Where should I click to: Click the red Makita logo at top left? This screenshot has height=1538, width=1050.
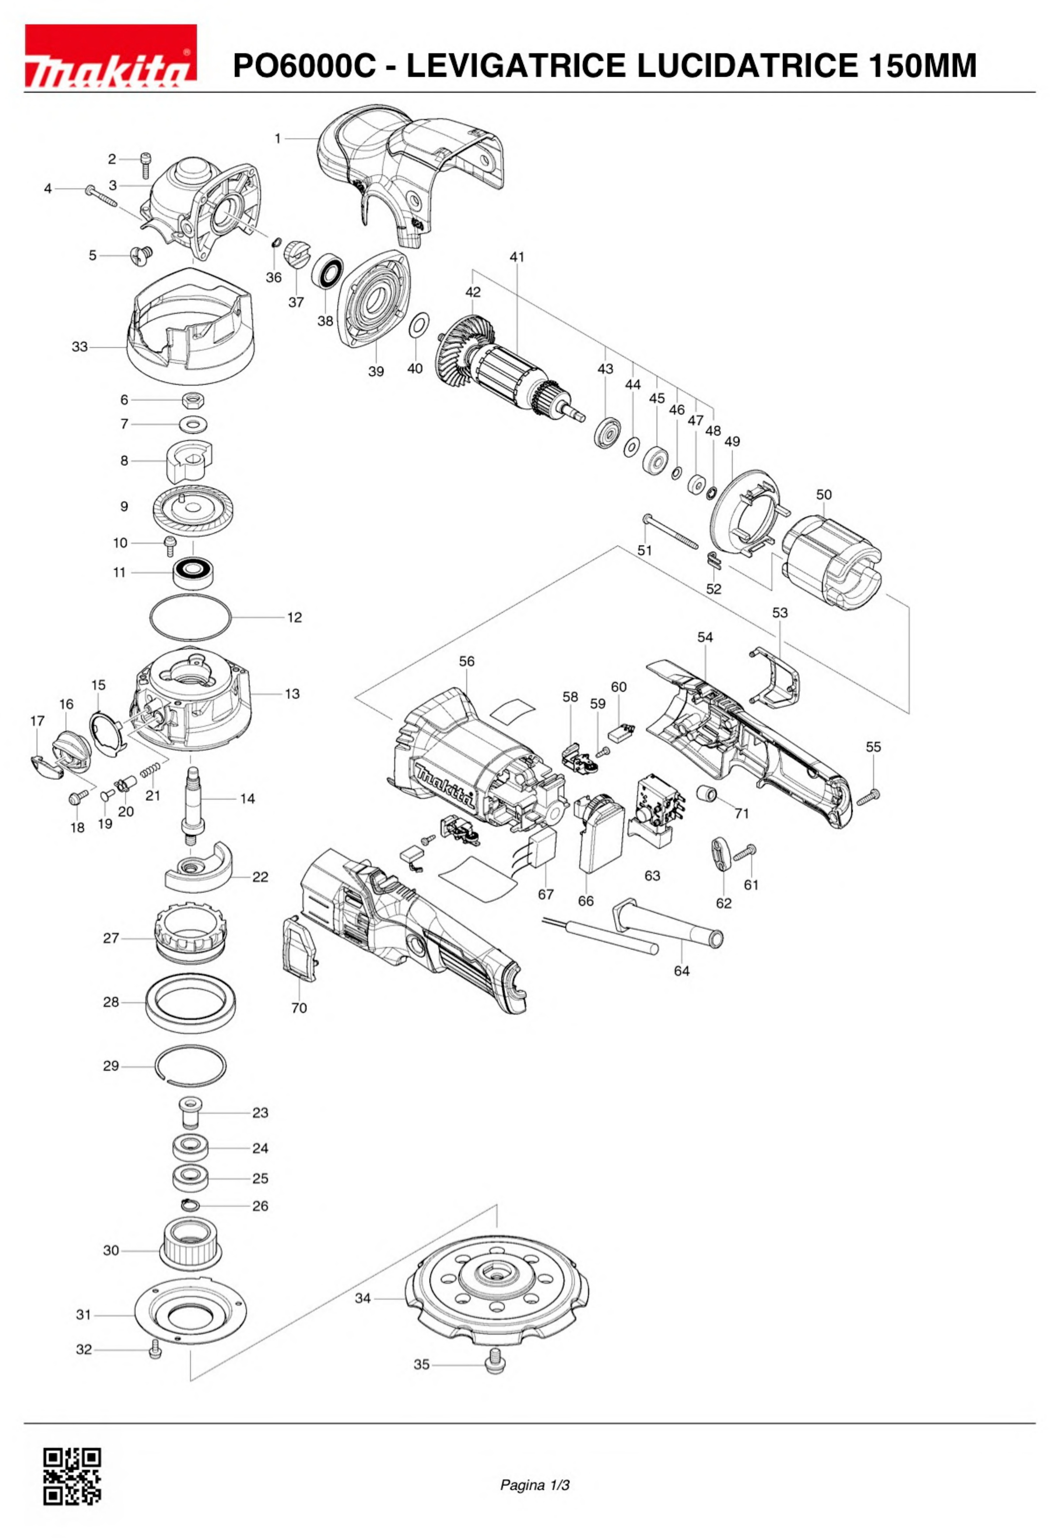(110, 55)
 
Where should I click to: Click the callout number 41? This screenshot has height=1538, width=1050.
(517, 257)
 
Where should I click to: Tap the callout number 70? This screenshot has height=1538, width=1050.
(299, 1008)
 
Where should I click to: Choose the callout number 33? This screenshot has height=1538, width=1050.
(79, 347)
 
